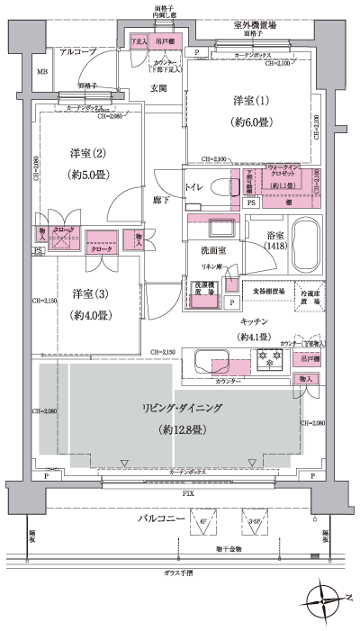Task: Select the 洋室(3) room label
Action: pos(92,293)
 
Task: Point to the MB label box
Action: pos(41,71)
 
